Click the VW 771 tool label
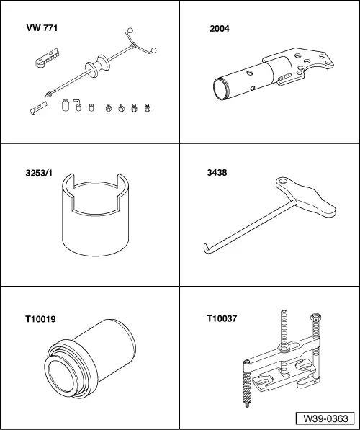[x=42, y=28]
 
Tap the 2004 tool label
[x=220, y=29]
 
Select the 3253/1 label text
[x=39, y=173]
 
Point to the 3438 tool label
[x=217, y=173]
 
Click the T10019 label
[x=40, y=319]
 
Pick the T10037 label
[x=222, y=318]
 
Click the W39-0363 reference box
[x=325, y=418]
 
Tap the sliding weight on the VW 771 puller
[x=98, y=66]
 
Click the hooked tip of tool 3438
[x=207, y=248]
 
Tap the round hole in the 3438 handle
[x=283, y=182]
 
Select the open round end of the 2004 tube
[x=221, y=89]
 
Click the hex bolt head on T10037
[x=316, y=318]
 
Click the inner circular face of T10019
[x=61, y=377]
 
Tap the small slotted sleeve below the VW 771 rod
[x=38, y=108]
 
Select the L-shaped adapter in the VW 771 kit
[x=78, y=105]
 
